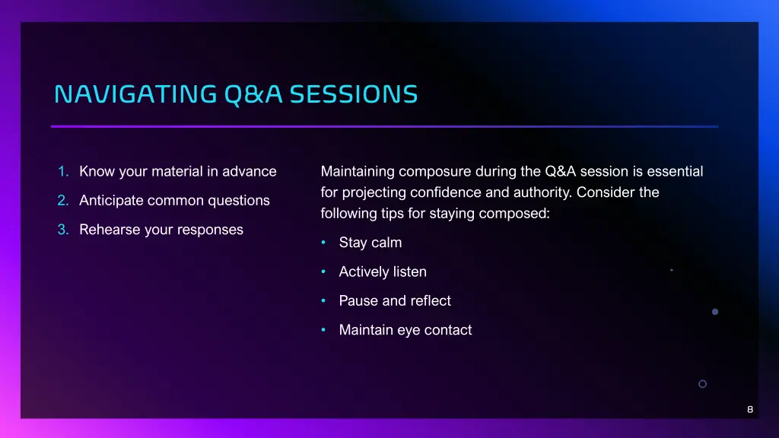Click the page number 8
click(x=750, y=410)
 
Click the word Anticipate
click(x=111, y=201)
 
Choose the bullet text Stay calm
click(x=370, y=243)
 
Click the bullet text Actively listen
click(x=383, y=272)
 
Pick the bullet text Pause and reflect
click(x=395, y=301)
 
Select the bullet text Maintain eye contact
click(x=405, y=330)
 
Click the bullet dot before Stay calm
click(x=323, y=243)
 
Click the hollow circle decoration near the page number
click(x=702, y=384)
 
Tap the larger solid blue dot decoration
click(x=714, y=312)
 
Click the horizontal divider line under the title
click(x=384, y=126)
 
